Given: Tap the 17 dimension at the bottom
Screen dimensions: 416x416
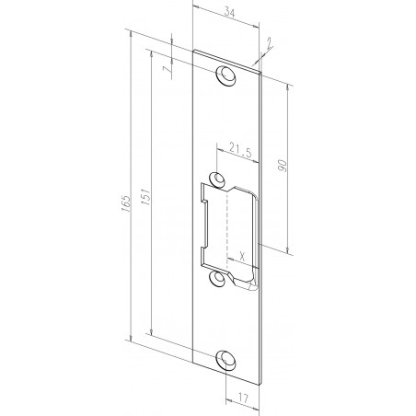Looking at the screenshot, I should [x=241, y=399].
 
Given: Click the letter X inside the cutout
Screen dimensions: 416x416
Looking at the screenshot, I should [x=240, y=256].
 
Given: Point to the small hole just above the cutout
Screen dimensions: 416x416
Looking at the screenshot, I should [x=217, y=179].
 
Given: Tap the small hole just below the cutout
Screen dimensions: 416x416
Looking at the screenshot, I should [x=217, y=276].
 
